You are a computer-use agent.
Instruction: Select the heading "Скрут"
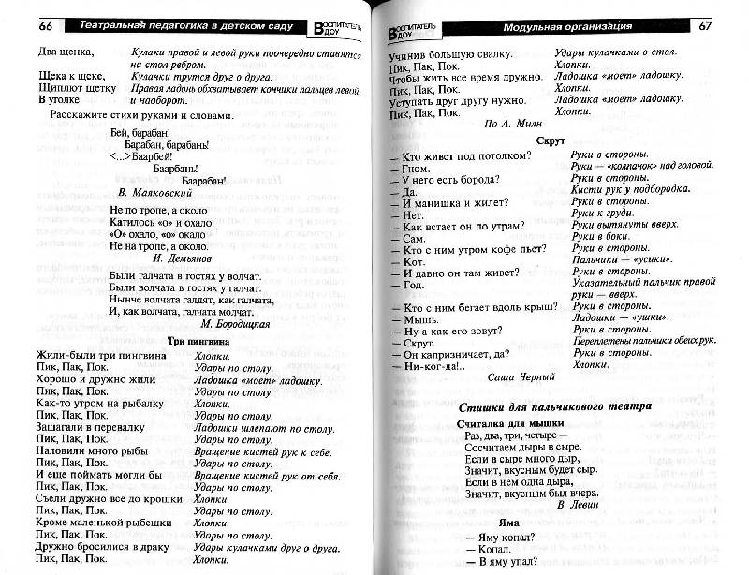tap(548, 138)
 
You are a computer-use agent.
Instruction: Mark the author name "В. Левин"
tap(578, 503)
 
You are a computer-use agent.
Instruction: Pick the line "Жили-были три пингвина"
tap(97, 356)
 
